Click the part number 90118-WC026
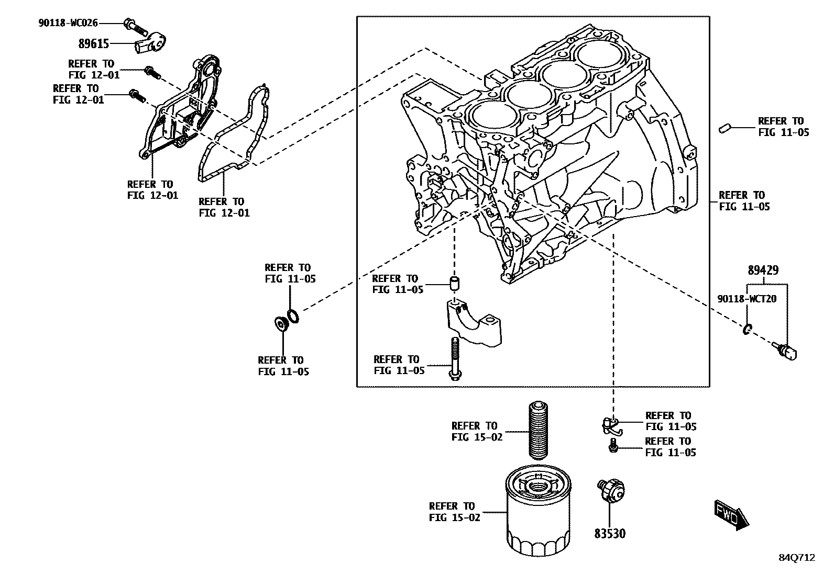coord(68,22)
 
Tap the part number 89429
coord(763,270)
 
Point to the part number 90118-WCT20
coord(747,299)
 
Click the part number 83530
coord(610,534)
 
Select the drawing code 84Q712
coord(797,558)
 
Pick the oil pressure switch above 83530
coord(611,490)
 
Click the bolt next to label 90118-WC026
coord(134,24)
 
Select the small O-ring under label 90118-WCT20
coord(748,329)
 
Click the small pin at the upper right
coord(726,127)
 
